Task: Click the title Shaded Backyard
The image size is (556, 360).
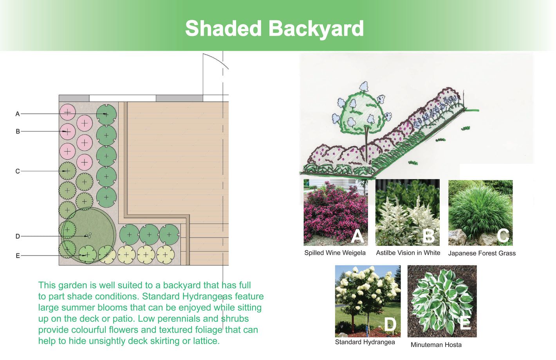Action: coord(274,29)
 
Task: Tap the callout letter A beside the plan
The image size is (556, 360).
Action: coord(17,114)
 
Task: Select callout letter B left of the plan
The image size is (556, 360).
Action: coord(18,131)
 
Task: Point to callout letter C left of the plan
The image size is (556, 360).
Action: coord(17,171)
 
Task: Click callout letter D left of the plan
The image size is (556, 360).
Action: coord(18,236)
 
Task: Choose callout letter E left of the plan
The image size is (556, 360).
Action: coord(18,256)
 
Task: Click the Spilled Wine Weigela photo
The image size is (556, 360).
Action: coord(336,212)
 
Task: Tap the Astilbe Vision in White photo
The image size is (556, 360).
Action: coord(407,212)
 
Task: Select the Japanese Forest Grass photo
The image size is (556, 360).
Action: coord(480,213)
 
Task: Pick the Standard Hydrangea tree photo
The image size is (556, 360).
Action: coord(368,301)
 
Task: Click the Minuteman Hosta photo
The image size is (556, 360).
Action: coord(442,301)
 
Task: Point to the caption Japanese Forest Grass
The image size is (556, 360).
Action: coord(482,253)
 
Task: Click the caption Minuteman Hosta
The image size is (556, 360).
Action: coord(436,345)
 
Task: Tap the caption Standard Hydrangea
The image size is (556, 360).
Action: coord(365,342)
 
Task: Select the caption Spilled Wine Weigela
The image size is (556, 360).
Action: coord(335,253)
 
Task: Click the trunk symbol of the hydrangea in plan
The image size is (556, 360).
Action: coord(88,235)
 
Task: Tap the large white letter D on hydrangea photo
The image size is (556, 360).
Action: coord(390,324)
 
